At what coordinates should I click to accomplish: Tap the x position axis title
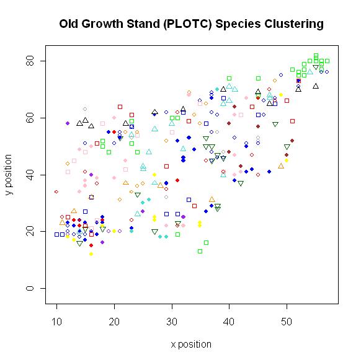[x=191, y=344]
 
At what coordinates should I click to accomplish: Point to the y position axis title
[x=9, y=174]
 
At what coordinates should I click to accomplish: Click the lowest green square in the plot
[x=200, y=251]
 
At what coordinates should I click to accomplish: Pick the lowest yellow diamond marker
[x=91, y=253]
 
